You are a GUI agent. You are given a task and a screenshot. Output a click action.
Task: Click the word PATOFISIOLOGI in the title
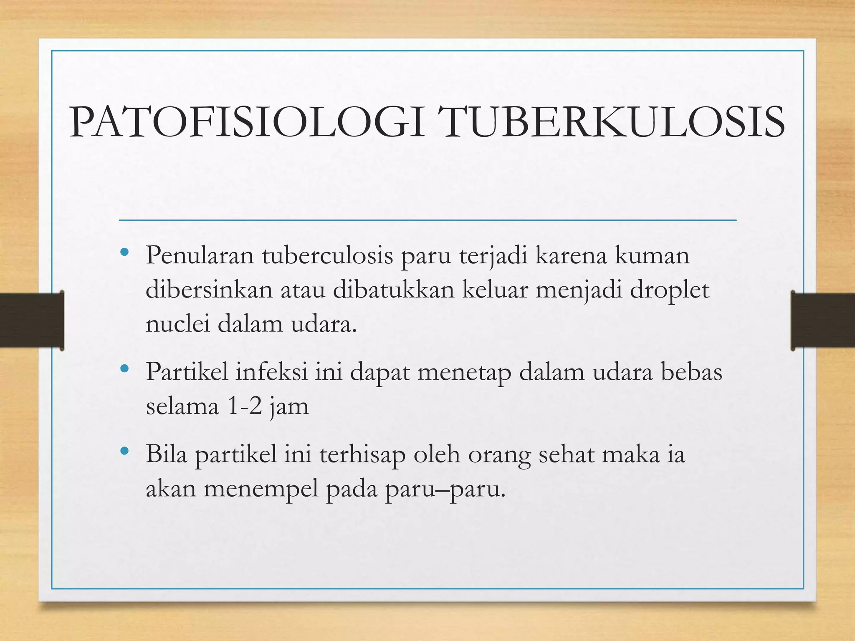(x=246, y=123)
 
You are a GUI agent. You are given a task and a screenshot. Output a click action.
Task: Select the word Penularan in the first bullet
(x=200, y=255)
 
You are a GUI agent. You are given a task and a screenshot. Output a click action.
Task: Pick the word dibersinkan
(x=209, y=290)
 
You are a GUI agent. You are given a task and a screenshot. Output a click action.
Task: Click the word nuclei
(x=177, y=324)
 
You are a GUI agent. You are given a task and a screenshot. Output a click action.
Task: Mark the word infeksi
(x=272, y=371)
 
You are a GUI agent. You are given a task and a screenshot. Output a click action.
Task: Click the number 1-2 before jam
(x=245, y=406)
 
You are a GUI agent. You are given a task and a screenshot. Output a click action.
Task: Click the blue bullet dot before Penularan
(x=124, y=253)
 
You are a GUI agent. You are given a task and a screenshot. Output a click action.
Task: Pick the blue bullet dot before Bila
(x=124, y=451)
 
